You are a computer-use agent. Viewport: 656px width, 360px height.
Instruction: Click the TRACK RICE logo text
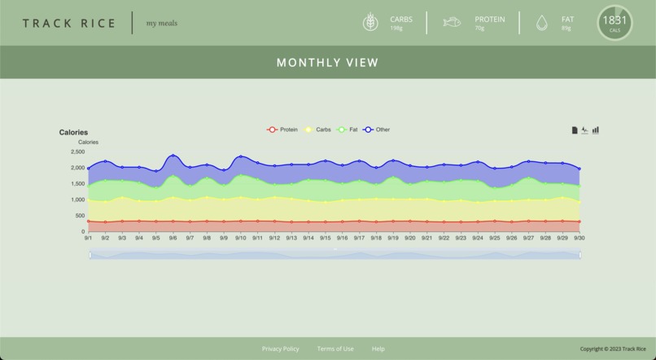point(69,23)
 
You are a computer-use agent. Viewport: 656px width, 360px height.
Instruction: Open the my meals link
point(161,23)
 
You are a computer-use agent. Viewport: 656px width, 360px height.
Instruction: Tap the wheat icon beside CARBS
point(370,23)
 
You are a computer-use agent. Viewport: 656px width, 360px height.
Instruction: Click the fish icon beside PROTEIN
point(452,23)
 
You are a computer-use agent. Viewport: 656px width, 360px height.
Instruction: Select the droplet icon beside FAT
point(542,24)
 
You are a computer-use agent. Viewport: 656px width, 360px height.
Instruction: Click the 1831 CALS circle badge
point(614,23)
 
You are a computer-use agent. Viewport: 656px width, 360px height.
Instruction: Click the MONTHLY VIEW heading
point(327,63)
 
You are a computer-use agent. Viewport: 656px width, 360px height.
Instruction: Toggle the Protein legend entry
point(282,130)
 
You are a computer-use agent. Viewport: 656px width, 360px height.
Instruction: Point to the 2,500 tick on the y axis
point(77,151)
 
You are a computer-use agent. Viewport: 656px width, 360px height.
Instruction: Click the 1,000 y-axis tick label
point(77,200)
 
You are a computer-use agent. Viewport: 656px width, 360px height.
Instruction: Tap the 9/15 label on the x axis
point(326,238)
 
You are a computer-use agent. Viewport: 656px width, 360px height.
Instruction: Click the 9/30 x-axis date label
point(579,238)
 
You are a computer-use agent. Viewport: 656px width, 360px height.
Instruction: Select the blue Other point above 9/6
point(173,156)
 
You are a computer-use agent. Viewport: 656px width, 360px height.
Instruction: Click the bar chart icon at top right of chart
point(596,130)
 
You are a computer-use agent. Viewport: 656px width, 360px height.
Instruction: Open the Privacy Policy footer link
point(280,349)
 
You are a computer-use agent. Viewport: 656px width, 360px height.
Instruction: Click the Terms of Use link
point(335,349)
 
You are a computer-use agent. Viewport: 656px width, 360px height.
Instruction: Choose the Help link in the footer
point(378,349)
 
